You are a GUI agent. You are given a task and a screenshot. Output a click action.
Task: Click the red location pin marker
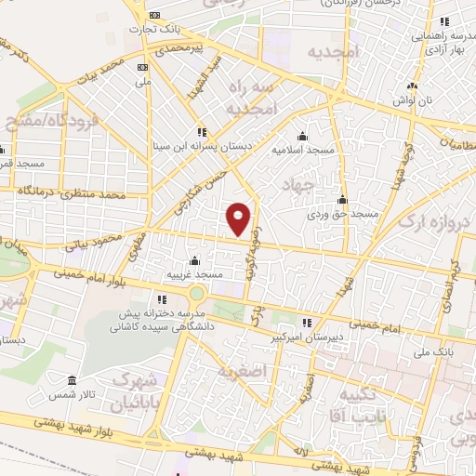(240, 218)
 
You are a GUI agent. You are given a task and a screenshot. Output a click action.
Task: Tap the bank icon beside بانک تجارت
(154, 15)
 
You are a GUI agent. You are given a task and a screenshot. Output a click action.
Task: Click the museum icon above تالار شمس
(73, 380)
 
